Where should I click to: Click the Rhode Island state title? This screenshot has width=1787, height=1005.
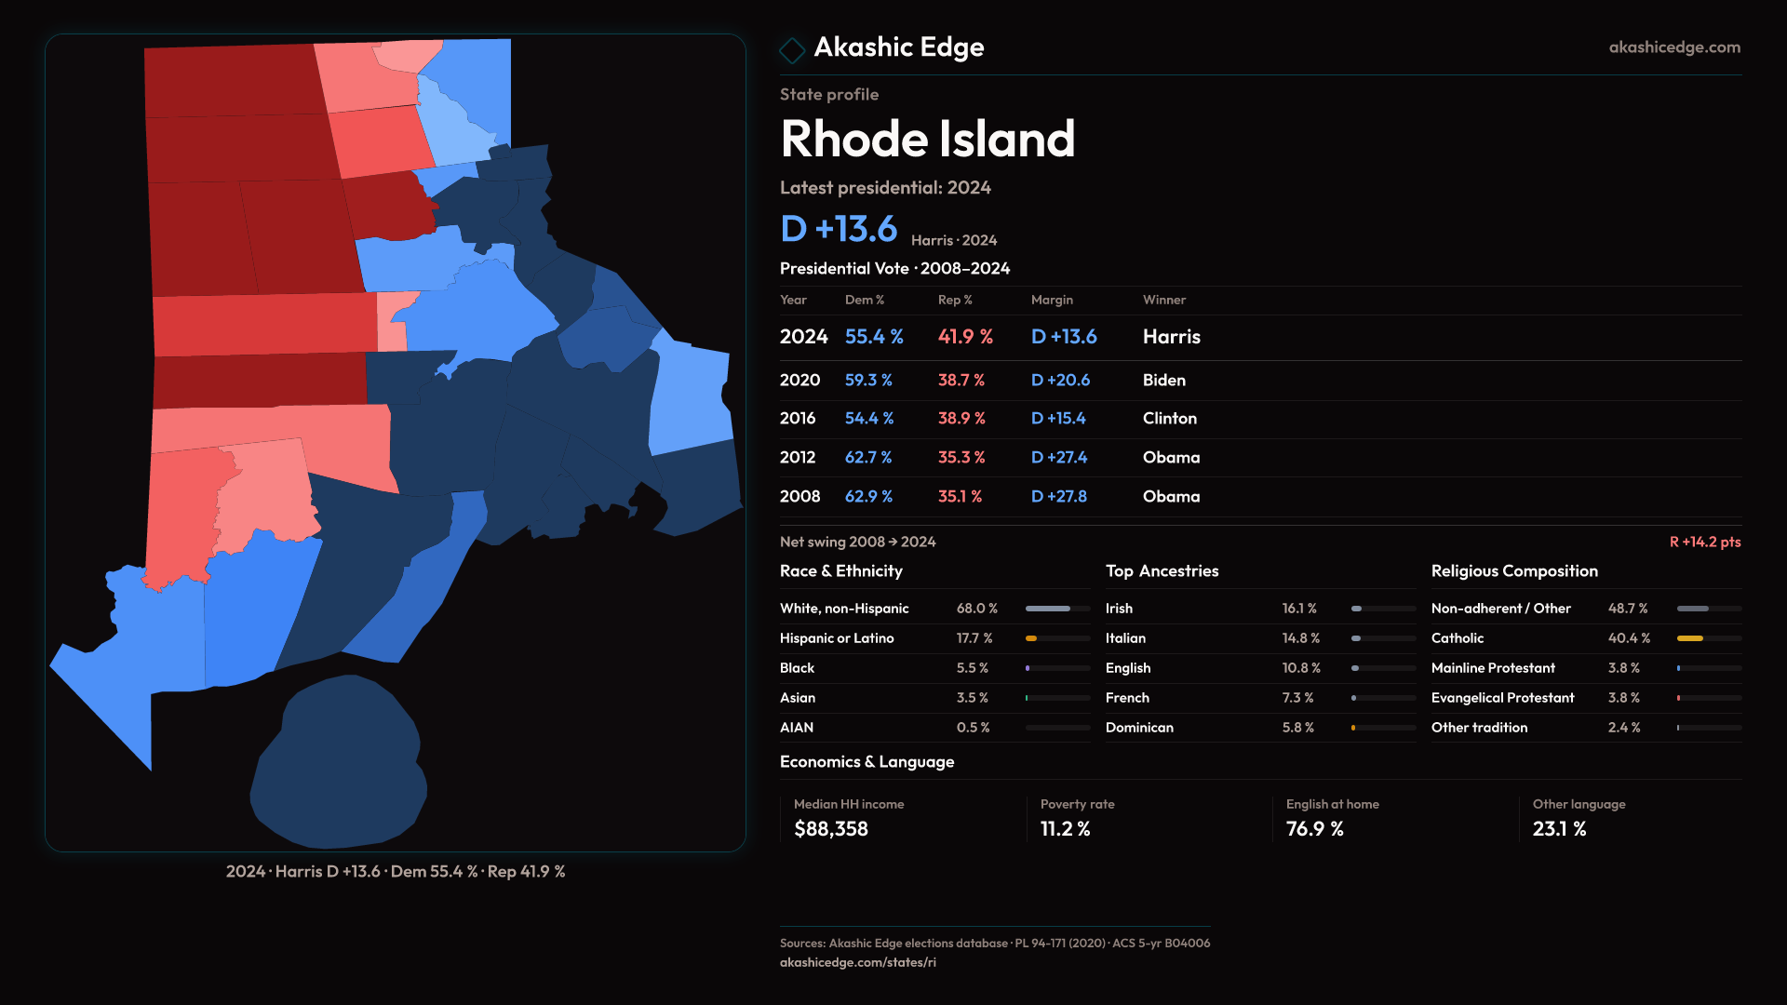coord(927,140)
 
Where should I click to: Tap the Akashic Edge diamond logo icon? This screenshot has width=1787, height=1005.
coord(792,50)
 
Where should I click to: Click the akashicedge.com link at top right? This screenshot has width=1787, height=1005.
coord(1673,47)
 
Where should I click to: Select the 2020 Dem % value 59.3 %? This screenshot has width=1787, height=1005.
coord(867,381)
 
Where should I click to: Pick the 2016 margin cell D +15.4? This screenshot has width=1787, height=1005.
coord(1058,419)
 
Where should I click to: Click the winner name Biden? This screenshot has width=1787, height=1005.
coord(1163,381)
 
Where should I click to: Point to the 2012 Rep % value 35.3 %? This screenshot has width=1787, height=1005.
coord(961,458)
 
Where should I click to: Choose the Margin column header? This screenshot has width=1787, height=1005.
coord(1052,300)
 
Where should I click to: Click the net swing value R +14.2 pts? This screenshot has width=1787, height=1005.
coord(1704,542)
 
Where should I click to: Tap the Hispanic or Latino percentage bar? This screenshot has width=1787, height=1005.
coord(1057,638)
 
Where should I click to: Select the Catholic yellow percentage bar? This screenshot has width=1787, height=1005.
coord(1708,638)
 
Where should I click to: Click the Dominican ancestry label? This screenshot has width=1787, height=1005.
coord(1139,728)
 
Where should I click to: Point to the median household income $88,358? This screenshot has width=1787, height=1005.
coord(830,829)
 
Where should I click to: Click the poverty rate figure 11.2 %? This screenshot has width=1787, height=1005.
coord(1065,829)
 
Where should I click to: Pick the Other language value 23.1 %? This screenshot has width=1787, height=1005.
coord(1559,829)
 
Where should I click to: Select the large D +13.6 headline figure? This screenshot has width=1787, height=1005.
coord(838,230)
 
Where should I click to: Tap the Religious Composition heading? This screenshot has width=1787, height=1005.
coord(1514,571)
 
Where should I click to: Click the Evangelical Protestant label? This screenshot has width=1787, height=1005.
coord(1502,698)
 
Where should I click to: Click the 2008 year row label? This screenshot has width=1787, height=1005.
coord(799,497)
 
